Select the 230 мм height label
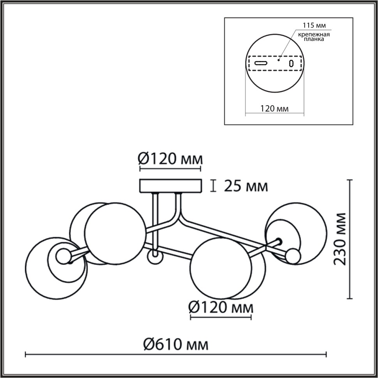click(340, 239)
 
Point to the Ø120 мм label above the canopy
click(171, 159)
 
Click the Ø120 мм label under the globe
click(221, 307)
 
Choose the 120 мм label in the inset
click(275, 109)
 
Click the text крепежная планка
click(314, 37)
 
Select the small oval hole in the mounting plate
click(291, 63)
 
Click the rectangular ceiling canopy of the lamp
click(171, 186)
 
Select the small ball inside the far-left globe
click(63, 256)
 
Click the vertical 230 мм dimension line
click(350, 239)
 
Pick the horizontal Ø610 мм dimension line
click(175, 355)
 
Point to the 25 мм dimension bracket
click(213, 186)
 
